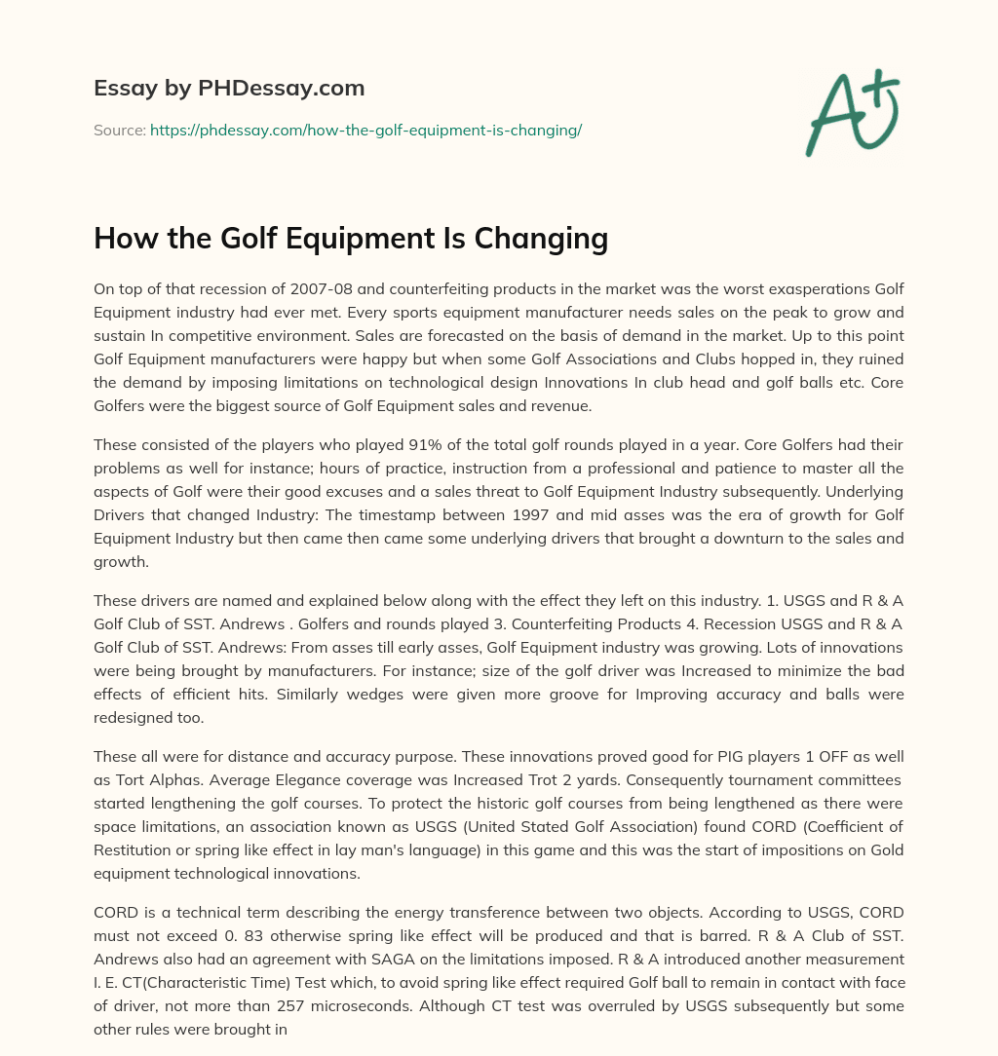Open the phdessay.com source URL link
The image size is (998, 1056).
[x=365, y=130]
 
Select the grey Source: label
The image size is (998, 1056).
[x=120, y=130]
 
